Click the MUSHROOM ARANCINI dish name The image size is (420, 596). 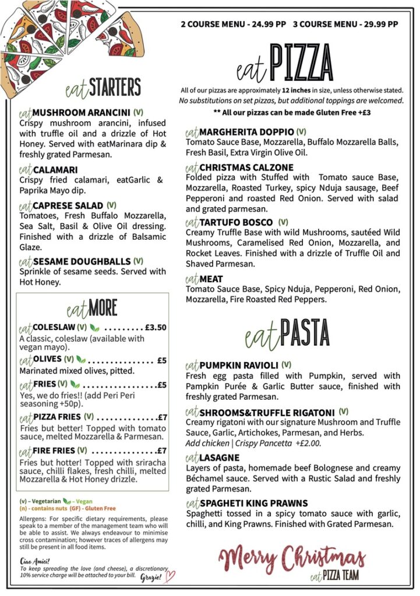pyautogui.click(x=81, y=112)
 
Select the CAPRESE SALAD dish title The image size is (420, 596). pyautogui.click(x=68, y=205)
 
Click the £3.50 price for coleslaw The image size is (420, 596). pyautogui.click(x=156, y=327)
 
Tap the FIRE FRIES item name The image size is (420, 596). pyautogui.click(x=54, y=450)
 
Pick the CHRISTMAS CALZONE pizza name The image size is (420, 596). pyautogui.click(x=246, y=168)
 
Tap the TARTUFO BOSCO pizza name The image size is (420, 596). pyautogui.click(x=236, y=222)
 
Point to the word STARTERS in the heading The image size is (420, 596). pyautogui.click(x=115, y=87)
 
